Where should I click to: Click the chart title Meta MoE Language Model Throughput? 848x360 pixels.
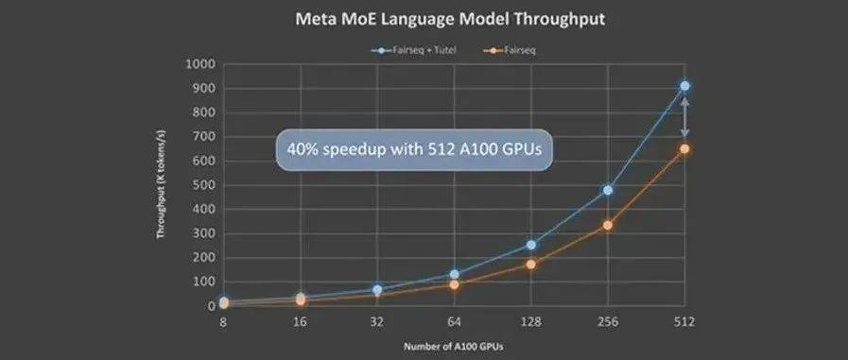point(423,17)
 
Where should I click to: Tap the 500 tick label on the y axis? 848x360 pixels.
point(204,185)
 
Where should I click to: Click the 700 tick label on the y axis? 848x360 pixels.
point(204,137)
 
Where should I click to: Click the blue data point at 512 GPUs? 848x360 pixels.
point(684,86)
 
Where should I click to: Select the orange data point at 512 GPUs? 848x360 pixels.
point(684,148)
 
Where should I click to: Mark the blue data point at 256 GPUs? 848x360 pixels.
point(608,190)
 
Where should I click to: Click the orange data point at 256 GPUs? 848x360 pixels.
point(608,225)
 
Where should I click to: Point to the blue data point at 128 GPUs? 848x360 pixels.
point(531,245)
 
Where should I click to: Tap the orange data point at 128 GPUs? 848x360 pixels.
point(531,264)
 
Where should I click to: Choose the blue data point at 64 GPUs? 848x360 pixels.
point(454,275)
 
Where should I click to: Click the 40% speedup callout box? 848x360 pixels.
point(413,149)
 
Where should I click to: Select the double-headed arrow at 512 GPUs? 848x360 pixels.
point(684,117)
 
